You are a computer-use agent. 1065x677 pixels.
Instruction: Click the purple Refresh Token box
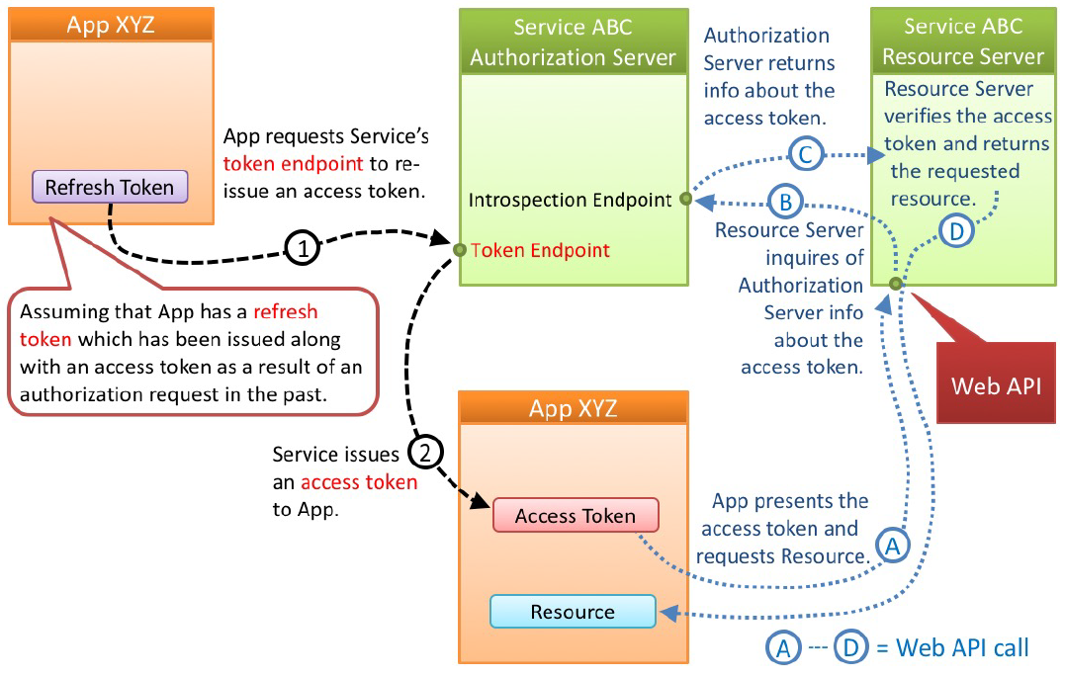109,188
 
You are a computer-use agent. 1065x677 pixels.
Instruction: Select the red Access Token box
576,516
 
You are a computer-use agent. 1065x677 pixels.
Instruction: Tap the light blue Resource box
573,612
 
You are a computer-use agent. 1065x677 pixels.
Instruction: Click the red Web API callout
996,385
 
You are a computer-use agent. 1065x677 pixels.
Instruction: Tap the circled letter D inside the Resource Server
955,232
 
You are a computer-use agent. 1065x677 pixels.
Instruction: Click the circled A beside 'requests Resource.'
893,545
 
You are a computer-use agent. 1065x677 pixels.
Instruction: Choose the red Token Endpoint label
540,250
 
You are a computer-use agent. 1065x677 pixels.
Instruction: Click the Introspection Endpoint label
571,201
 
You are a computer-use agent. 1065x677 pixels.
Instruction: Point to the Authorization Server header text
573,42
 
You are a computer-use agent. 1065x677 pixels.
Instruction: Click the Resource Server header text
962,42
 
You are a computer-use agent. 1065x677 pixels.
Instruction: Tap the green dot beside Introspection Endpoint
684,200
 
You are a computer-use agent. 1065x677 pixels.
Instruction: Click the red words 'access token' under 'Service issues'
359,482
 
